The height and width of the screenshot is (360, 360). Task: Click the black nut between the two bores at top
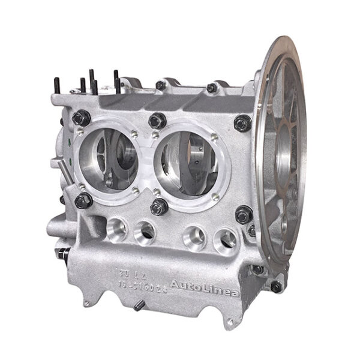point(157,121)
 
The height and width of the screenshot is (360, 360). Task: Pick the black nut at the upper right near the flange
point(242,123)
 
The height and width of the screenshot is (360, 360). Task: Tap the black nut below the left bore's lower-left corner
point(83,200)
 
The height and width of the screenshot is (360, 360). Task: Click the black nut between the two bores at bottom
point(159,207)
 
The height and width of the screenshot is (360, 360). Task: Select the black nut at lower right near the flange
point(244,214)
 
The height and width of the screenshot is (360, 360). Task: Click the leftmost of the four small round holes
point(115,227)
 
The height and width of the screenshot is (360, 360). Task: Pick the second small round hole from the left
point(145,232)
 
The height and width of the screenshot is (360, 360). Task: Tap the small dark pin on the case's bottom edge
point(137,307)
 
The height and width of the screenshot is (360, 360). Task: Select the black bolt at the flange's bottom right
point(276,286)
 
